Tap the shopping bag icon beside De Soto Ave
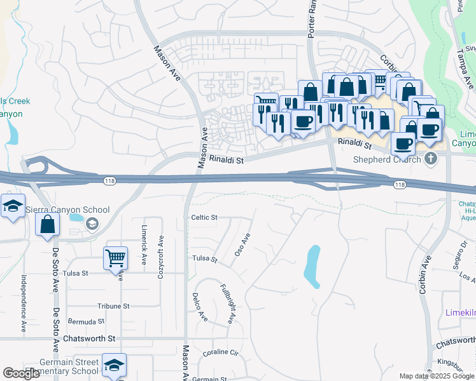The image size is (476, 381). (47, 224)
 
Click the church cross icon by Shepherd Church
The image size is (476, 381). (432, 158)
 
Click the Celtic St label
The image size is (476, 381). (204, 217)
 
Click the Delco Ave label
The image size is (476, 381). (199, 307)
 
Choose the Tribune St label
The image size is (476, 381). (113, 305)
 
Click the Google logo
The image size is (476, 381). (21, 373)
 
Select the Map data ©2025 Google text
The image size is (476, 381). (437, 376)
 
